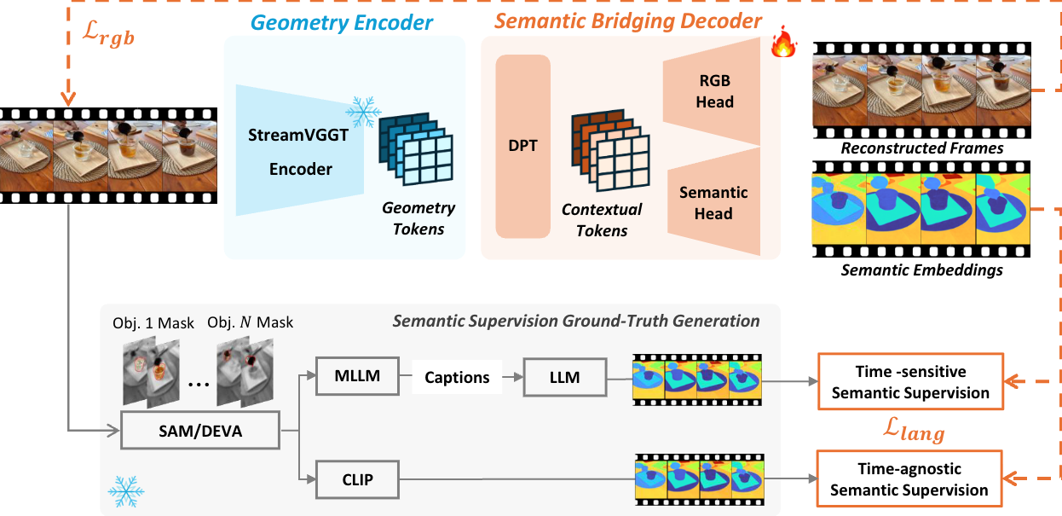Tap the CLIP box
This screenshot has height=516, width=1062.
pos(356,479)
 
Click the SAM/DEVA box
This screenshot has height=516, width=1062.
pos(200,431)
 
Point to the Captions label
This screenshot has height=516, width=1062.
pos(457,377)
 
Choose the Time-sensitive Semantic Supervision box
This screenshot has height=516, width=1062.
pos(909,381)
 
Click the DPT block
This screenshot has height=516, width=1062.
pos(522,145)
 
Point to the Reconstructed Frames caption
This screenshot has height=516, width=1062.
pos(922,148)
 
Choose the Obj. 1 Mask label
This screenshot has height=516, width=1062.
pos(153,322)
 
